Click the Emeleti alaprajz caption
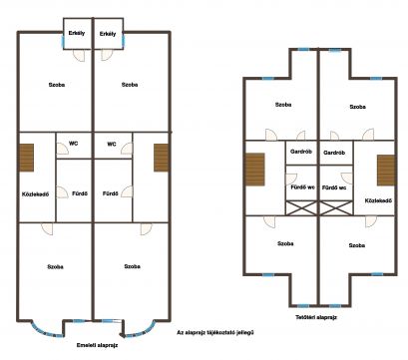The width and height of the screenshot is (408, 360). pyautogui.click(x=97, y=345)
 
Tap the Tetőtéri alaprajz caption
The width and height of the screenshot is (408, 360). pyautogui.click(x=316, y=317)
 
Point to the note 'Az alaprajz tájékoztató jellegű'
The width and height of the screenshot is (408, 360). pyautogui.click(x=215, y=332)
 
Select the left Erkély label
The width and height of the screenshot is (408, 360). pyautogui.click(x=77, y=33)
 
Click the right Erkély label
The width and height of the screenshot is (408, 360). pyautogui.click(x=108, y=34)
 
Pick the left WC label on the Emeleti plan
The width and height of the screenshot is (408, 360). pyautogui.click(x=74, y=144)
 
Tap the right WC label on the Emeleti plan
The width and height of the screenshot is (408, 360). pyautogui.click(x=112, y=145)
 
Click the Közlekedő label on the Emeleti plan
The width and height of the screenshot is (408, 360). pyautogui.click(x=35, y=194)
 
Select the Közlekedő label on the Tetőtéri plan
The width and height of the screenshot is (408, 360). pyautogui.click(x=378, y=200)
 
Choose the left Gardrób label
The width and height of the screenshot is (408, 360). pyautogui.click(x=301, y=152)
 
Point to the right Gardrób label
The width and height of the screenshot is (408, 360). pyautogui.click(x=334, y=153)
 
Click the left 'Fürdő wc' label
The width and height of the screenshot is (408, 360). pyautogui.click(x=302, y=187)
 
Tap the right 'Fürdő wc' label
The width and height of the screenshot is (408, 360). pyautogui.click(x=334, y=187)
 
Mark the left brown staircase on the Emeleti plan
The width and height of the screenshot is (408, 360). pyautogui.click(x=26, y=158)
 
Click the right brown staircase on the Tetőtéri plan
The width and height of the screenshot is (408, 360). pyautogui.click(x=386, y=171)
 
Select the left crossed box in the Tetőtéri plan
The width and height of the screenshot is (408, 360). pyautogui.click(x=301, y=207)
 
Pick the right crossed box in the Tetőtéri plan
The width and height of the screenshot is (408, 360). pyautogui.click(x=336, y=207)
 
